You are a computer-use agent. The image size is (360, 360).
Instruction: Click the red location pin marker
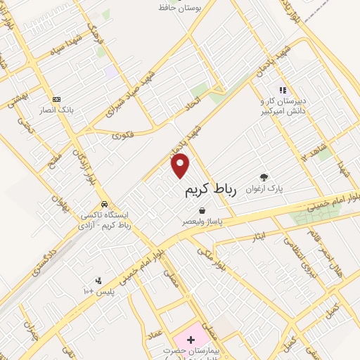coord(181,166)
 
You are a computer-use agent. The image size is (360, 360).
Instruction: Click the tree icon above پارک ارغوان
coord(264,177)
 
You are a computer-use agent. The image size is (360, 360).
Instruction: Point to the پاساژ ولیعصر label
coord(202,221)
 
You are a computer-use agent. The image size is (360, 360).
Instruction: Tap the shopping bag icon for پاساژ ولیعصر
coord(202,210)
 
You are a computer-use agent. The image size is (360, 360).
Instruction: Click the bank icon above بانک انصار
coord(56,99)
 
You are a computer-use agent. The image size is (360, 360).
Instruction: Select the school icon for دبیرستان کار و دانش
coord(283,90)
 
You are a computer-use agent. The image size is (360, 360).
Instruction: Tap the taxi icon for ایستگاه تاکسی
coord(103,204)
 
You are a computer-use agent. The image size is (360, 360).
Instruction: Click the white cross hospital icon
coord(191,340)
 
